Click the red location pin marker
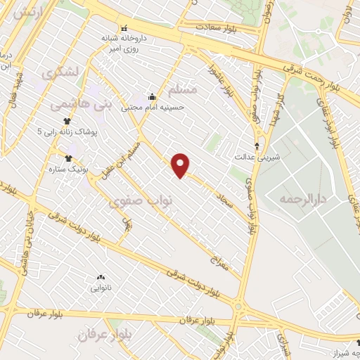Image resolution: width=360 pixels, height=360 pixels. click(181, 165)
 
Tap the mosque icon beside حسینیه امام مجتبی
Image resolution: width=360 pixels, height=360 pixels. click(151, 97)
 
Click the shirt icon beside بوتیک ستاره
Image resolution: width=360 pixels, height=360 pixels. click(68, 158)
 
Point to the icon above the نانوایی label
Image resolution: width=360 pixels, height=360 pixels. click(100, 277)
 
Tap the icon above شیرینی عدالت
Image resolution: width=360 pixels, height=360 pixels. click(257, 146)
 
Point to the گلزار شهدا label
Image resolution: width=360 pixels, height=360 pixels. click(276, 111)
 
